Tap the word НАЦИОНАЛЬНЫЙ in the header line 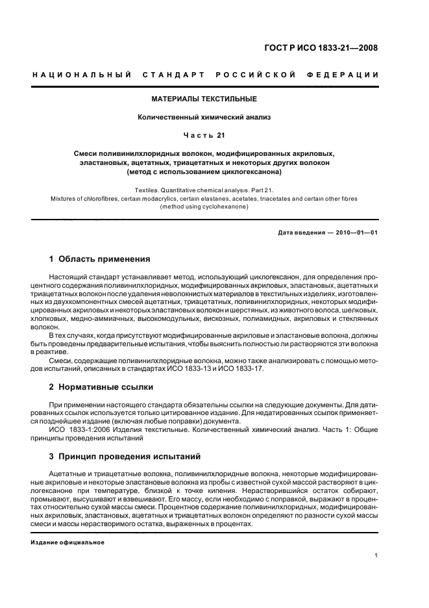[82, 75]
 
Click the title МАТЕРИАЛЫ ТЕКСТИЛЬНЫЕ [204, 99]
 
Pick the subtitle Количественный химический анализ [204, 117]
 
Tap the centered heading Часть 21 [204, 135]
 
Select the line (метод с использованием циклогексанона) [204, 172]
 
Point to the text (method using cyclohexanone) [204, 207]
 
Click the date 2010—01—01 [356, 232]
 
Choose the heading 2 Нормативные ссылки [101, 386]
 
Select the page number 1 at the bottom [376, 555]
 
